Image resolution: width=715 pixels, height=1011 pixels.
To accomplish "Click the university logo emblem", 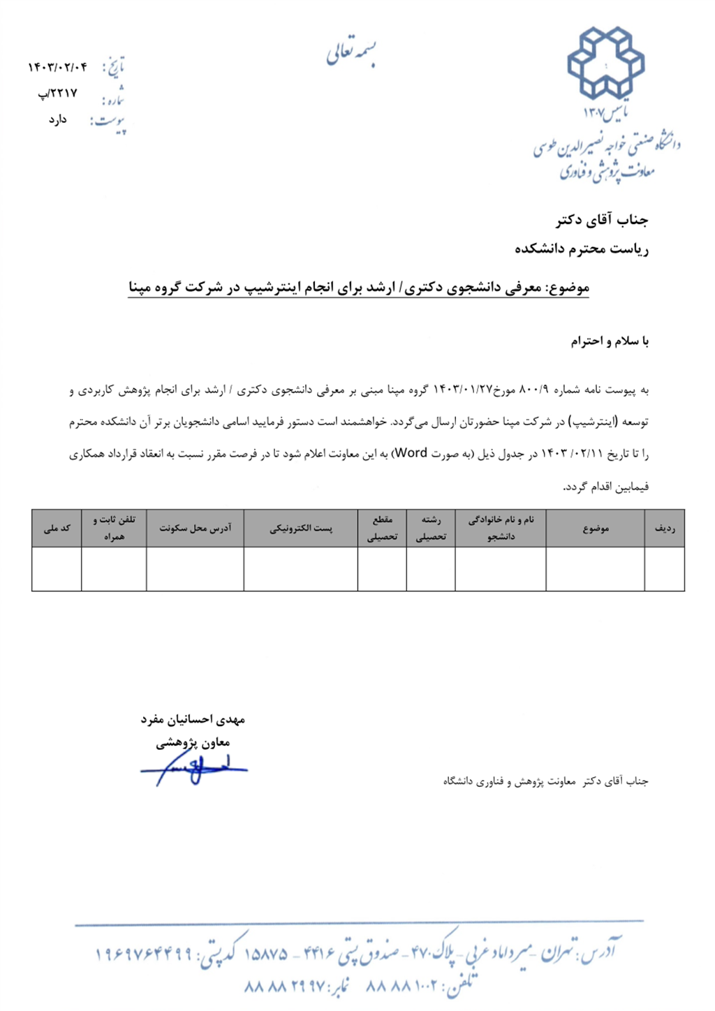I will pos(605,63).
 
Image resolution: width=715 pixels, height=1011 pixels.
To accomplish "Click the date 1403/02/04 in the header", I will pos(57,67).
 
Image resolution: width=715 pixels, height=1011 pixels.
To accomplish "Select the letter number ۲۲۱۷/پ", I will pos(58,93).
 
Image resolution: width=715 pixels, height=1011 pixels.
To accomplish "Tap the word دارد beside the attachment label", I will pos(57,119).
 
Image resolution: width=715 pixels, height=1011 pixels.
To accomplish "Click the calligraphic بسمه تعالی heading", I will pos(351,53).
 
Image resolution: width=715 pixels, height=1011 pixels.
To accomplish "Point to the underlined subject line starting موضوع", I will pos(359,288).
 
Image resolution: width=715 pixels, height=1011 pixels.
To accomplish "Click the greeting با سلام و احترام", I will pos(610,341).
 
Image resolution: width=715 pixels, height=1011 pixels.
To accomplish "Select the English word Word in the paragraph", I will pos(411,453).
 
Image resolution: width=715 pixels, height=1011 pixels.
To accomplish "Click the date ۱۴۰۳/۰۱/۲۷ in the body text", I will pos(463,390).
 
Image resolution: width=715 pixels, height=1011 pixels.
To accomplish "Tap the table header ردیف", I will pos(664,529).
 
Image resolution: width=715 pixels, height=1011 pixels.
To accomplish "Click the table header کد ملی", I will pos(57,529).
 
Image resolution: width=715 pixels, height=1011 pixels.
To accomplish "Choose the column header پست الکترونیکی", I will pos(301,529).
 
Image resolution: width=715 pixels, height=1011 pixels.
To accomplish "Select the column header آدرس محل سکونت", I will pos(195,529).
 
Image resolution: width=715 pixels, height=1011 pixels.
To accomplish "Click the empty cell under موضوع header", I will pos(595,569).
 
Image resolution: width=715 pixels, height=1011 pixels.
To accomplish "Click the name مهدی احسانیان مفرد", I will pos(193,719).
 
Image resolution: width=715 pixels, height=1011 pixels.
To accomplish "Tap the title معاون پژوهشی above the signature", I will pos(193,743).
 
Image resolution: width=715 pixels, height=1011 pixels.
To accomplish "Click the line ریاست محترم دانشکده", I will pos(582,249).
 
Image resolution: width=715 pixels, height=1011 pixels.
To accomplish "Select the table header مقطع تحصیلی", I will pos(382,529).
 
